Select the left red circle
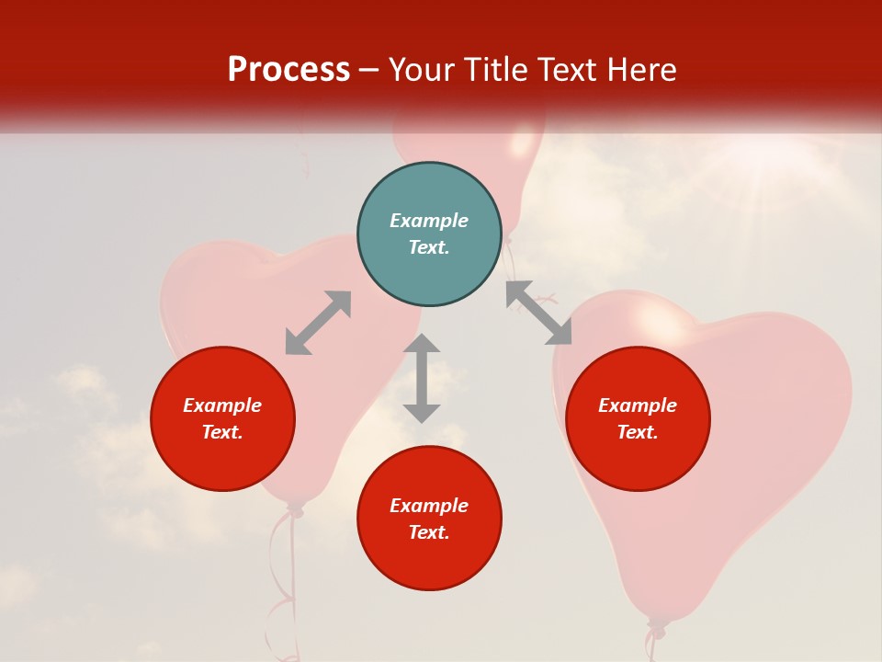[222, 418]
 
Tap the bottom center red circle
[429, 519]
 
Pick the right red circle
[638, 418]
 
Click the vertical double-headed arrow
[422, 378]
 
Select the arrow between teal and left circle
[318, 323]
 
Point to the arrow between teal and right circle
[538, 313]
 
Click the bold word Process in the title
[288, 70]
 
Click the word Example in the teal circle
[429, 221]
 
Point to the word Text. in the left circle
[222, 432]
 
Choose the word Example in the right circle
[638, 405]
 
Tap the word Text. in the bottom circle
[429, 532]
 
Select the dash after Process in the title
[369, 70]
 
